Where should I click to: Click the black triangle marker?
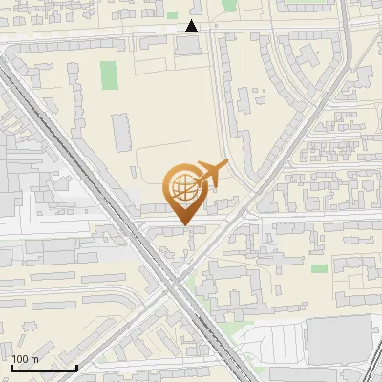(x=192, y=26)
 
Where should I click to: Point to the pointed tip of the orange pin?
(x=183, y=223)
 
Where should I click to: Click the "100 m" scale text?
(x=25, y=359)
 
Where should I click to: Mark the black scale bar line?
(x=43, y=367)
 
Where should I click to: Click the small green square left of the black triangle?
(x=172, y=15)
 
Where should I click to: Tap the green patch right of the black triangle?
(x=229, y=5)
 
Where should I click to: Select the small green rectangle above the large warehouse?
(x=318, y=268)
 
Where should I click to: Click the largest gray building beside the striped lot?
(x=338, y=338)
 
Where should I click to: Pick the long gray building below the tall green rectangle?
(x=119, y=131)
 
